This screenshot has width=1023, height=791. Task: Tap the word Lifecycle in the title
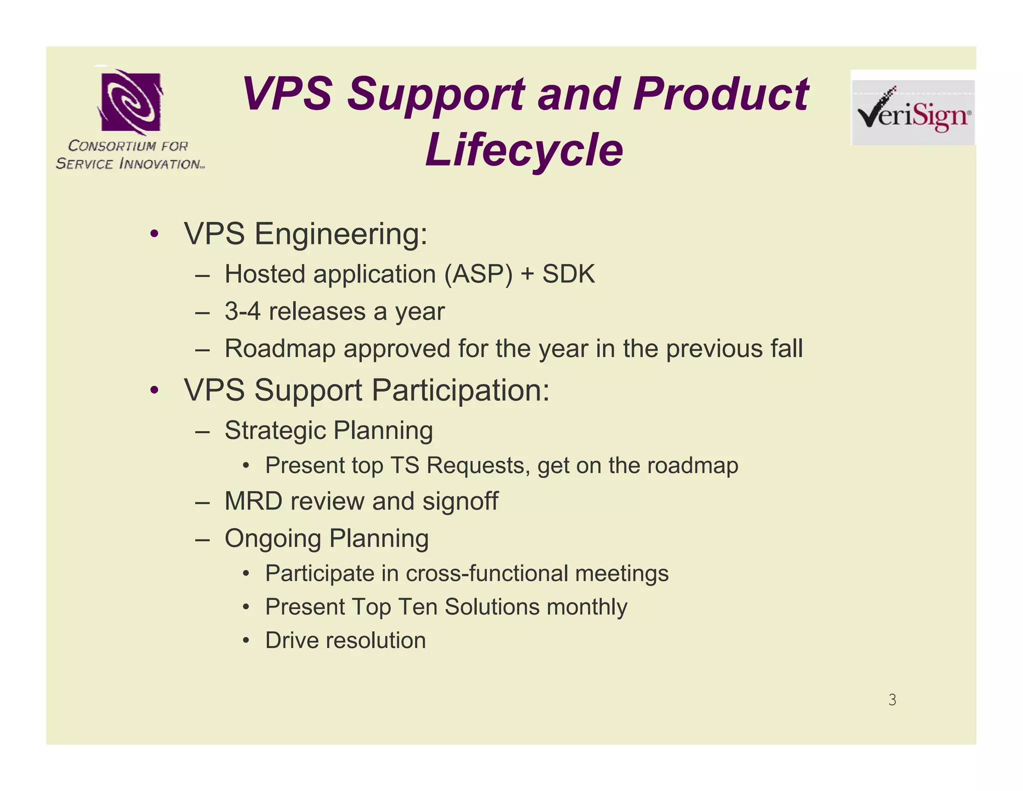coord(524,149)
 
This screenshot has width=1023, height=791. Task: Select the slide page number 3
coord(892,699)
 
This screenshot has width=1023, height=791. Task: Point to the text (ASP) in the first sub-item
coord(478,274)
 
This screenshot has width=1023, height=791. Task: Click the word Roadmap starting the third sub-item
coord(280,348)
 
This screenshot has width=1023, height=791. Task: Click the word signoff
coord(460,501)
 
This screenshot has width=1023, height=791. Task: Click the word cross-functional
coord(487,573)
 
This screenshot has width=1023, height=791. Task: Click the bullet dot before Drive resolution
coord(245,640)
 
